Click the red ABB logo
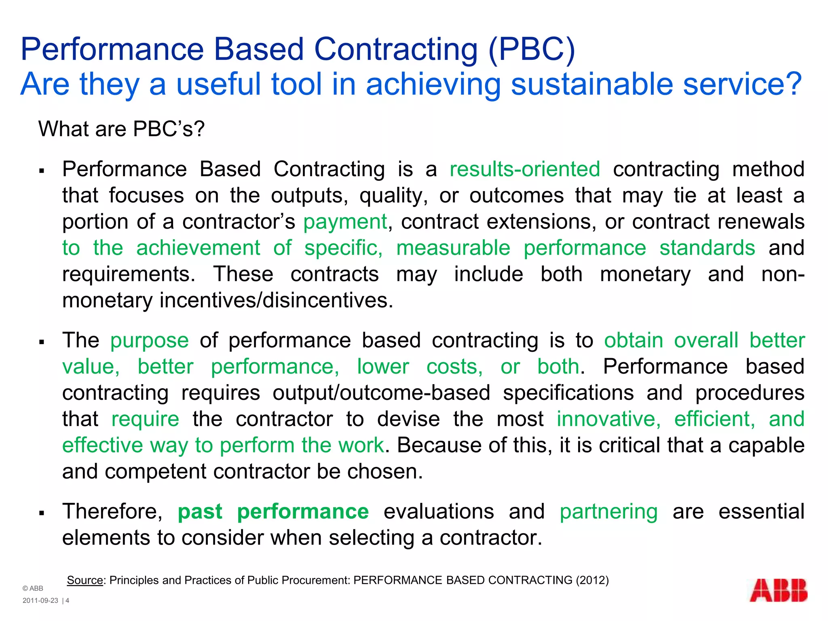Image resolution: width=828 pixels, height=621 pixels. pyautogui.click(x=778, y=591)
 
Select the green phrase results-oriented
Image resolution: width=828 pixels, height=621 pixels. pyautogui.click(x=525, y=169)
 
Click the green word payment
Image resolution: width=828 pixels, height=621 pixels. pyautogui.click(x=345, y=222)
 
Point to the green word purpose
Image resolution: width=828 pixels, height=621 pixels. pyautogui.click(x=150, y=340)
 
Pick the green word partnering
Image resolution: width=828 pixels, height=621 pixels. pyautogui.click(x=608, y=511)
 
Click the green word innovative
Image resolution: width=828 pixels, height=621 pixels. pyautogui.click(x=608, y=419)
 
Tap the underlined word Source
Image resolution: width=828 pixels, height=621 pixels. pyautogui.click(x=85, y=580)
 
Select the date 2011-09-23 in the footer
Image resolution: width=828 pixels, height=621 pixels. pyautogui.click(x=40, y=601)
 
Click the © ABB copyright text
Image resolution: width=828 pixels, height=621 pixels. pyautogui.click(x=33, y=589)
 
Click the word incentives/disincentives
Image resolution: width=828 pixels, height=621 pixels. pyautogui.click(x=276, y=300)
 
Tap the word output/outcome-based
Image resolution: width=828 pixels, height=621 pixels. pyautogui.click(x=381, y=393)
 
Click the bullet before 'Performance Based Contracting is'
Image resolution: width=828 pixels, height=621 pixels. pyautogui.click(x=42, y=171)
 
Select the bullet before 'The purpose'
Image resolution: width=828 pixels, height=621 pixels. pyautogui.click(x=42, y=342)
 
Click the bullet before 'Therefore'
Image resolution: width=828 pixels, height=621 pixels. pyautogui.click(x=42, y=513)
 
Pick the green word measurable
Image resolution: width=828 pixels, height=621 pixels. pyautogui.click(x=453, y=248)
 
